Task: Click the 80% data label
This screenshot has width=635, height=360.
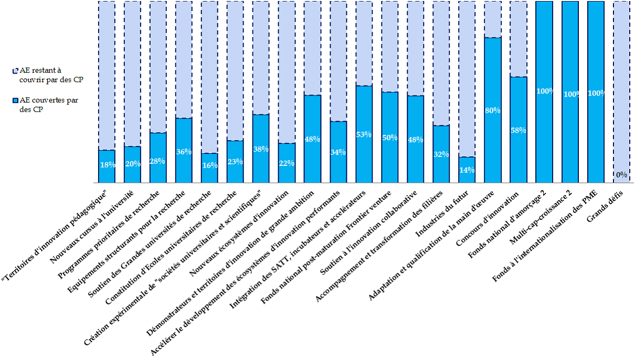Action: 493,111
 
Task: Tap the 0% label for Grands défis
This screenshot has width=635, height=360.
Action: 621,175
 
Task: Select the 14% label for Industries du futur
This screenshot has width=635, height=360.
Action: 467,170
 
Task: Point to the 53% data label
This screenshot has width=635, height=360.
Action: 364,134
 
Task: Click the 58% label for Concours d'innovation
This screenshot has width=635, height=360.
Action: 518,130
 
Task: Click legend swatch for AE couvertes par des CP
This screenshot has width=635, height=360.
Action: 16,100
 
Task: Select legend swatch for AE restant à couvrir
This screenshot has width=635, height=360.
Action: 16,70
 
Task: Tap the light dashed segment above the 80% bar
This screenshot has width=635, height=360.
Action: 493,19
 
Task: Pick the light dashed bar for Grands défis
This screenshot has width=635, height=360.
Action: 621,89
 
